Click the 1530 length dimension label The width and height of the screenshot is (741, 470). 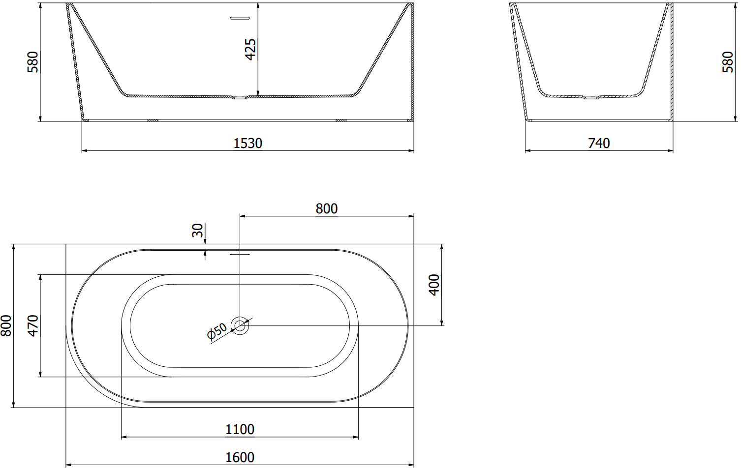coord(248,144)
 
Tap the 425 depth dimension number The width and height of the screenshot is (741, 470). coord(250,50)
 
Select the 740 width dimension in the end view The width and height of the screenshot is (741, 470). coord(599,144)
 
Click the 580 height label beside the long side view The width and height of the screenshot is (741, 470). coord(33,62)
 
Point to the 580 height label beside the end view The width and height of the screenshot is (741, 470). coord(728,62)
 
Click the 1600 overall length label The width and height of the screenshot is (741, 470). coord(240,457)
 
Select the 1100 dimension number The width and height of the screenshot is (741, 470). coord(240,429)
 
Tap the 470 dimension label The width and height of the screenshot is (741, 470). coord(33,325)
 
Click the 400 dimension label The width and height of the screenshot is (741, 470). coord(433,285)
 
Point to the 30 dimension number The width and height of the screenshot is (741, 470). coord(197,231)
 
